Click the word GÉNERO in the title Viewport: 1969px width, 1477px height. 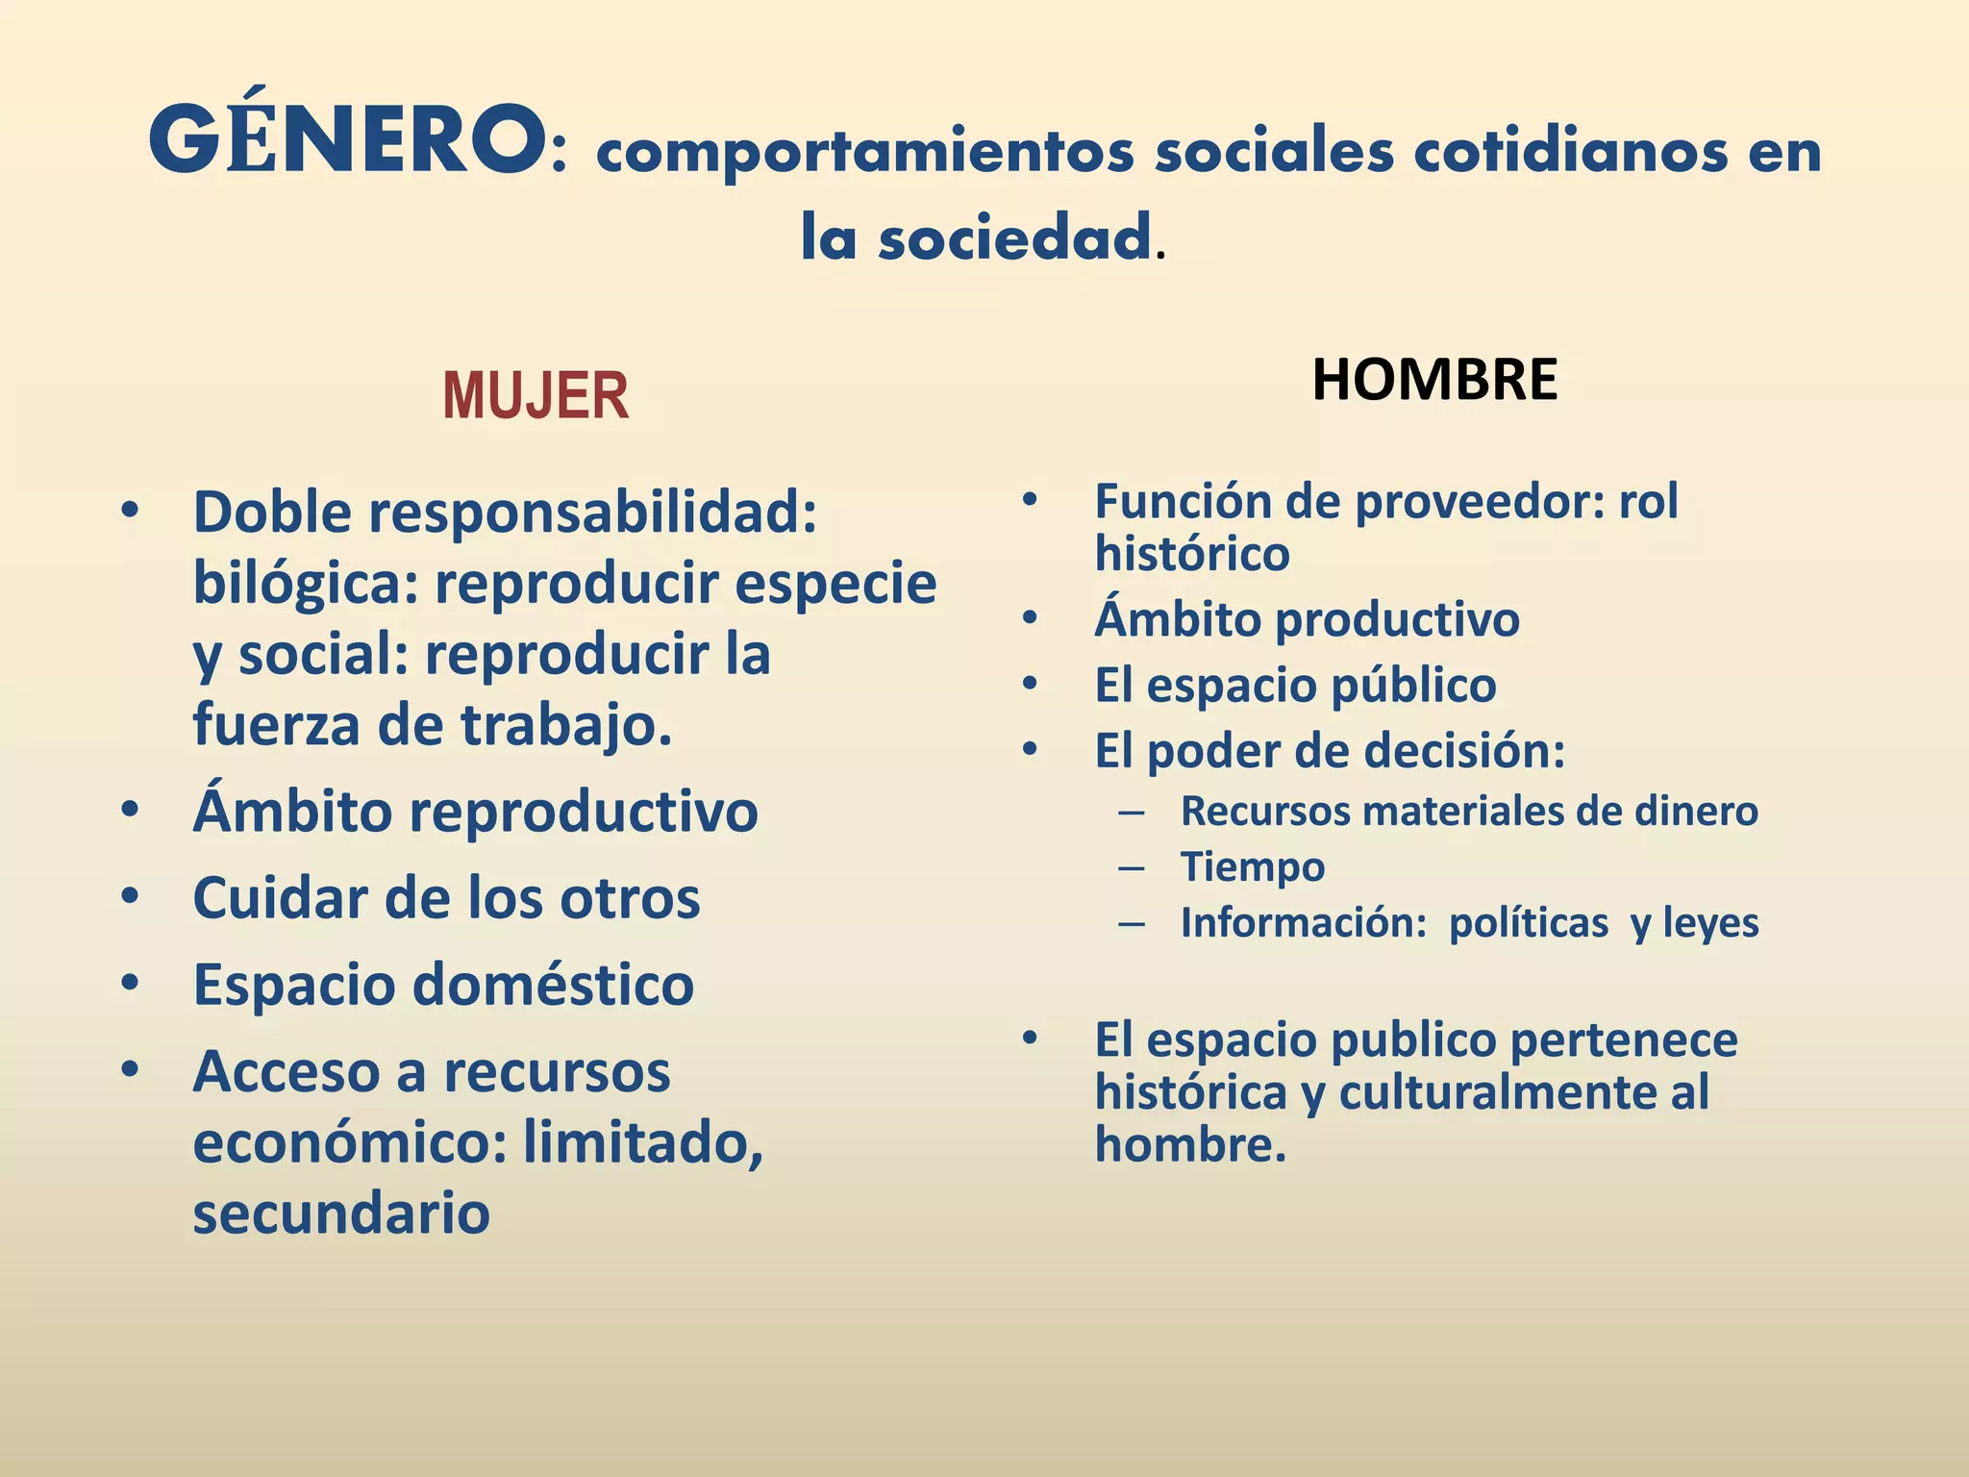click(346, 142)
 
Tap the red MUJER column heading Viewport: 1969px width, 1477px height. click(536, 396)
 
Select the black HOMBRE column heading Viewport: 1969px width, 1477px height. click(1433, 379)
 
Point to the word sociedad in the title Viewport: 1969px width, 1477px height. click(1014, 238)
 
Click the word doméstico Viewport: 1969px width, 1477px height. click(553, 986)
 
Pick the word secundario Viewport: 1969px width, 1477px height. click(341, 1214)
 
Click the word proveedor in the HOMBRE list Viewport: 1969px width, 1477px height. click(1480, 502)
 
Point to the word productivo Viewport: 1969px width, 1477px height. click(1411, 619)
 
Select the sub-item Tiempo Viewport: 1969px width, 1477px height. click(1252, 866)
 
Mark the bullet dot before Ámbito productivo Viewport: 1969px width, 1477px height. click(1031, 618)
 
